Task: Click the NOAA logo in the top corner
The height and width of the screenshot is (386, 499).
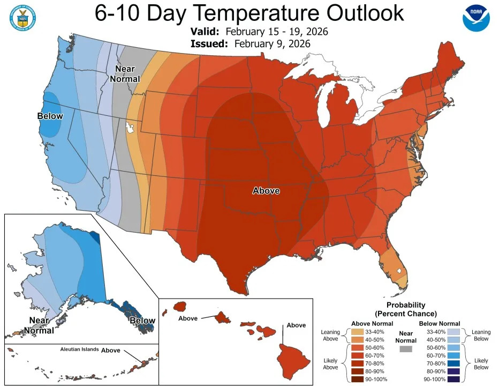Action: pos(476,18)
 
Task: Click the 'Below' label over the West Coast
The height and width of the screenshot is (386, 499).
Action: pos(50,116)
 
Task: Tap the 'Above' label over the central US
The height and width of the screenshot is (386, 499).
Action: pos(266,190)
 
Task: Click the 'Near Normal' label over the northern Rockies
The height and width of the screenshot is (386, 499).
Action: pos(125,74)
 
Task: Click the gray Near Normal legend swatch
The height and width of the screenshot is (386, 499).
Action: pos(406,348)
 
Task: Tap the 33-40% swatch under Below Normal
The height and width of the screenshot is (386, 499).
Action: pos(452,332)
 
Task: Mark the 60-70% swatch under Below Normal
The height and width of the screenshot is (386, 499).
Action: pos(452,355)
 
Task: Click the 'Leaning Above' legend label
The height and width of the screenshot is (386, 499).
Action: pos(330,336)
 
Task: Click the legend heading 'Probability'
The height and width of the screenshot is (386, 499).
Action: pos(405,305)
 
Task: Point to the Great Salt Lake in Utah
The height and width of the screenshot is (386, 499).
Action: pos(130,128)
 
